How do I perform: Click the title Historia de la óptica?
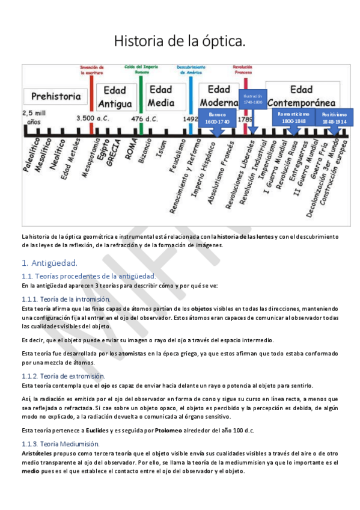tap(180, 41)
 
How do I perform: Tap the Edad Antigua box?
tap(114, 96)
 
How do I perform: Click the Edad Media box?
tap(160, 94)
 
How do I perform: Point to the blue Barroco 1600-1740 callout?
tap(218, 118)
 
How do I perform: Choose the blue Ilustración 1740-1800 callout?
tap(253, 99)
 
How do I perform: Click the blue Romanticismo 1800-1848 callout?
tap(293, 117)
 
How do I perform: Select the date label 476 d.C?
tap(144, 118)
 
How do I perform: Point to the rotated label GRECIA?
tap(111, 152)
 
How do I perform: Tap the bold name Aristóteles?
tap(39, 453)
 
